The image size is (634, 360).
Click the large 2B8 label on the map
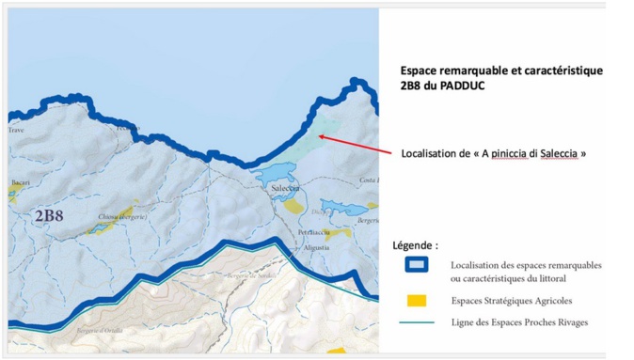tap(49, 216)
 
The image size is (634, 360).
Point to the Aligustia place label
tap(317, 246)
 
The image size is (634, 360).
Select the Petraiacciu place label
tap(312, 231)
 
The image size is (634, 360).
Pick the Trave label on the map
tap(17, 131)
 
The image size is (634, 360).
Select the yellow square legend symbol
tap(417, 301)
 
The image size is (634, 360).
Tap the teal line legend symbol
tap(417, 323)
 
